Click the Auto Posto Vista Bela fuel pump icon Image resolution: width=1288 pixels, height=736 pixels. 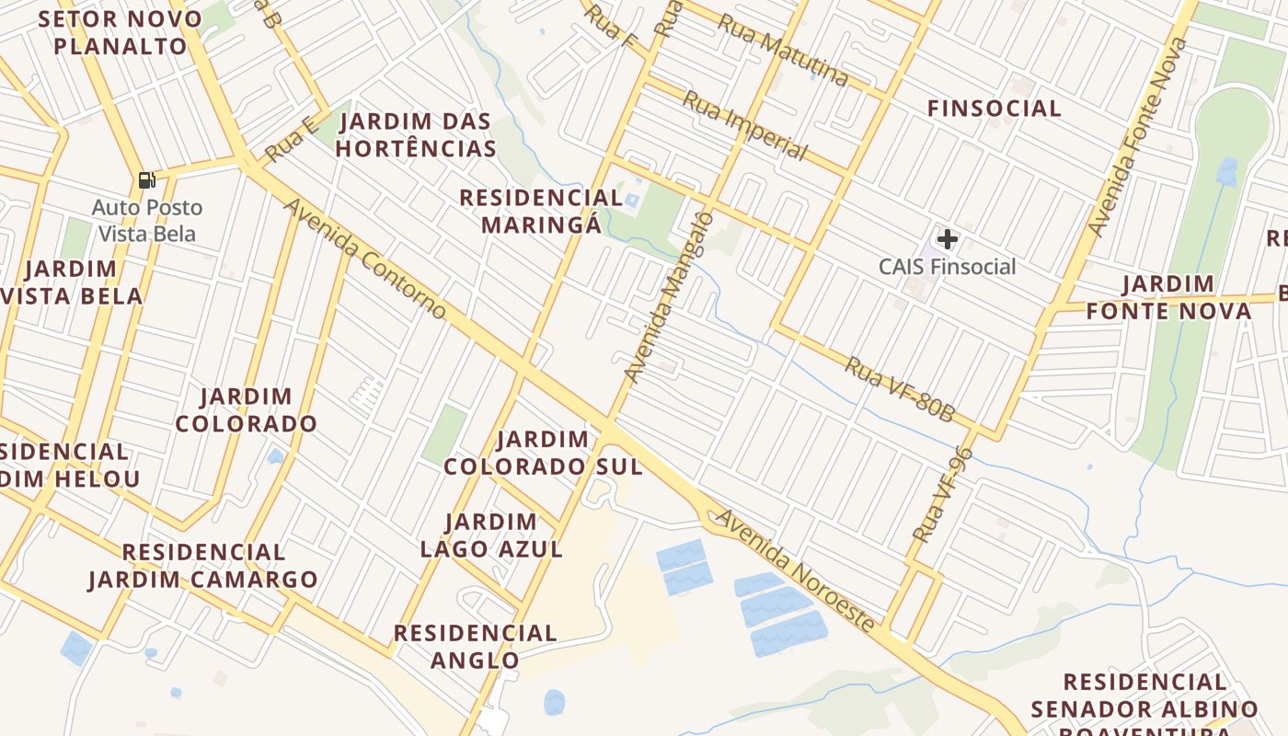[x=146, y=180]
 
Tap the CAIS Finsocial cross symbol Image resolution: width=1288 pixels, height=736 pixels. [x=948, y=240]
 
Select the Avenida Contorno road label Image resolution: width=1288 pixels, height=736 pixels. [x=365, y=259]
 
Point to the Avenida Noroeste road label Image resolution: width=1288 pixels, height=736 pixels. [x=796, y=570]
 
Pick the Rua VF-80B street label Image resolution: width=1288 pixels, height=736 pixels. [x=900, y=389]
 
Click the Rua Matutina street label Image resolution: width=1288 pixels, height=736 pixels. [x=782, y=50]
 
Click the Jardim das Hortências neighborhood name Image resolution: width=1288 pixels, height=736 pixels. [x=417, y=134]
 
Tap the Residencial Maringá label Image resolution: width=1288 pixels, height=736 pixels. [x=541, y=211]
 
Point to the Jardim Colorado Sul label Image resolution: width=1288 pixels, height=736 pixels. [x=543, y=453]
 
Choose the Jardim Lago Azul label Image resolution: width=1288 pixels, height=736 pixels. [x=491, y=535]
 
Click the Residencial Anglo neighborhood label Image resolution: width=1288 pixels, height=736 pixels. [x=476, y=646]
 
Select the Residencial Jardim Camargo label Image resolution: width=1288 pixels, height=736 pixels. [x=203, y=565]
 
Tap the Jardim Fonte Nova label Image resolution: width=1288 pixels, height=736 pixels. [x=1168, y=297]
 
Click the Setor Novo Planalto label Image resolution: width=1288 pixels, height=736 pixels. [x=121, y=32]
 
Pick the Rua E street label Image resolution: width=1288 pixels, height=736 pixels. [x=291, y=140]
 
